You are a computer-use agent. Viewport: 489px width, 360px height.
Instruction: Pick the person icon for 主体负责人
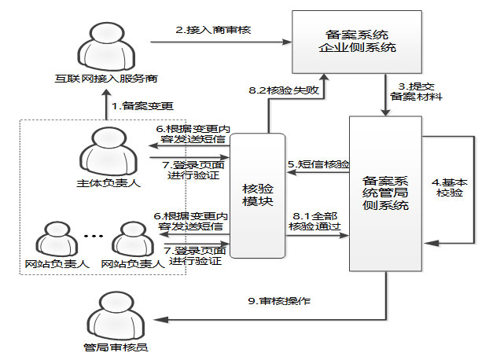[x=108, y=149]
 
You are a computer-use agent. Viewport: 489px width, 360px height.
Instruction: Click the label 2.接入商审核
[x=218, y=30]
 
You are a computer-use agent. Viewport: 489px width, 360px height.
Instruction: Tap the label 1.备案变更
[x=142, y=105]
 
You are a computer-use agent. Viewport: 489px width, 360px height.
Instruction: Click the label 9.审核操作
[x=271, y=300]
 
